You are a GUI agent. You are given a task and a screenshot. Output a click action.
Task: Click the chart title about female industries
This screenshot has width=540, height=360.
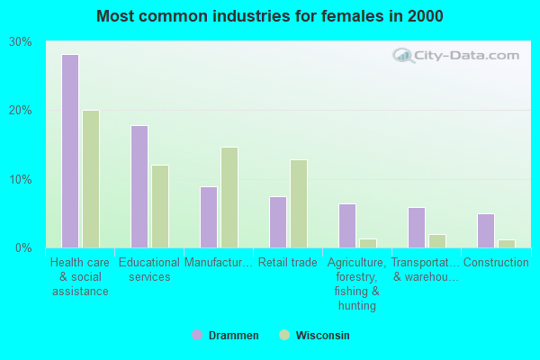270,16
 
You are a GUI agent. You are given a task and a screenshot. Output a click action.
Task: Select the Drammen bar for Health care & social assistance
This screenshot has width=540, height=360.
70,151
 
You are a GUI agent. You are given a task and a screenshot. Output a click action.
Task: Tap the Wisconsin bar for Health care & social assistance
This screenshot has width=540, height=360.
91,179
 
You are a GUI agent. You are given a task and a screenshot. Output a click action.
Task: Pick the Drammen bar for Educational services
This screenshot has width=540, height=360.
139,186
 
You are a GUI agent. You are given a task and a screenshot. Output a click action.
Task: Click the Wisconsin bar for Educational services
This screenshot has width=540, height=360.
160,206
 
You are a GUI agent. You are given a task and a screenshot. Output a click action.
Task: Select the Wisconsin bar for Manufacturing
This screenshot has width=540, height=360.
229,197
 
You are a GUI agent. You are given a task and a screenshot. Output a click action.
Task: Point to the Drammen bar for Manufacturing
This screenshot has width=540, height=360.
209,217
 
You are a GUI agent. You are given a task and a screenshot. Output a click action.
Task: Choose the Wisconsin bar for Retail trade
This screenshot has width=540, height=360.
299,203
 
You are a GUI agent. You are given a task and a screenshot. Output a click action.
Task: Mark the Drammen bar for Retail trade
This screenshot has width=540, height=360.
278,221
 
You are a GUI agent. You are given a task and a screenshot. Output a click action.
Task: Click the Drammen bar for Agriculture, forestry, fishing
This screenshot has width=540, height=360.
347,225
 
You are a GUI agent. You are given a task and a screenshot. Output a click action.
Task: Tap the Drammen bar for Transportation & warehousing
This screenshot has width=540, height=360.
417,227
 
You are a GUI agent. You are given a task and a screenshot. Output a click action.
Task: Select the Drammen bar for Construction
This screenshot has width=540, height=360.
486,230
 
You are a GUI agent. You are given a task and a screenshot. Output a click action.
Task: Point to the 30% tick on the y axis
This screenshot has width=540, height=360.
21,42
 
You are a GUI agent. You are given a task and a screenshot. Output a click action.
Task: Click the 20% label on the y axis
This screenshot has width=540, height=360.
21,111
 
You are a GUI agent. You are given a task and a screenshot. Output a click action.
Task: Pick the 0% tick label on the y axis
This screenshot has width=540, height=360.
24,247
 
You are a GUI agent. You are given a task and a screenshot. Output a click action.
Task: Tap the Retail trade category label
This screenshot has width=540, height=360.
288,263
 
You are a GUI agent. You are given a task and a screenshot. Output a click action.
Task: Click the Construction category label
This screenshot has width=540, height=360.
496,263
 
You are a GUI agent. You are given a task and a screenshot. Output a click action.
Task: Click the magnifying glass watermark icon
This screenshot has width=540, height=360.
403,56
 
